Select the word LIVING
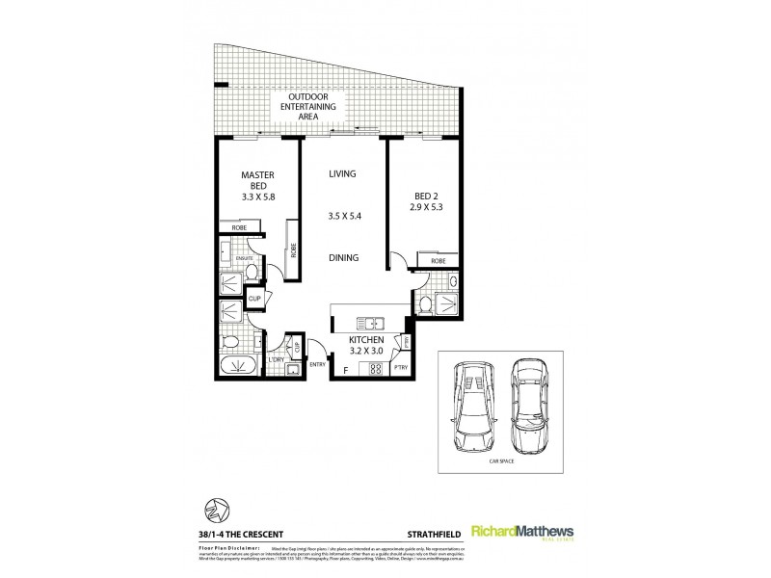(x=342, y=174)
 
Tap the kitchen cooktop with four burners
(x=374, y=367)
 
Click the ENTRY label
(x=317, y=364)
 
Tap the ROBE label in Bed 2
(x=438, y=261)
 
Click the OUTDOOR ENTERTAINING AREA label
(x=307, y=105)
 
